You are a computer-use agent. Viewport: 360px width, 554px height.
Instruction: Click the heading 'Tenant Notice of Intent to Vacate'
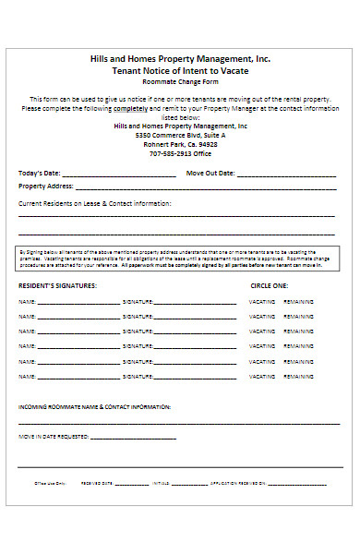180,70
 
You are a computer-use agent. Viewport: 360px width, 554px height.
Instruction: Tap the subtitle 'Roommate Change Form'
180,83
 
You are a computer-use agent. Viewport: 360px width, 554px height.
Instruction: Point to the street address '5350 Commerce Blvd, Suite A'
180,135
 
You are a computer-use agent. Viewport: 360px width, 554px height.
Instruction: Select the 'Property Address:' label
45,187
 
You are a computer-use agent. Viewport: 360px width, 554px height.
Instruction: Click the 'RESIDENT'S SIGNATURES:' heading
56,285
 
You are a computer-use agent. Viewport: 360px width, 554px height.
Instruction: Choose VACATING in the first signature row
262,302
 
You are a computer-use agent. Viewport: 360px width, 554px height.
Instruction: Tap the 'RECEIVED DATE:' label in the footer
97,483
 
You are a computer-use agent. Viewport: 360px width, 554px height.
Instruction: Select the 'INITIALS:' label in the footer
162,483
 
